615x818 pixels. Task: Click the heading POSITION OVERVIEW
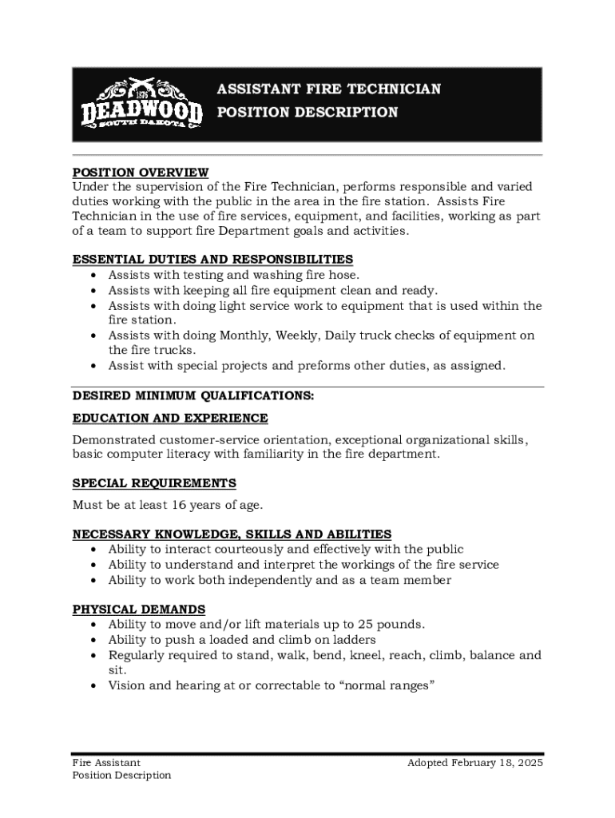coord(141,173)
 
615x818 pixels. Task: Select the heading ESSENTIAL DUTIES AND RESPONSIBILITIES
coord(212,260)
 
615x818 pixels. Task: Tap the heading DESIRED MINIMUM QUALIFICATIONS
coord(193,395)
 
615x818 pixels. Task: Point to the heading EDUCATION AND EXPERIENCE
coord(170,419)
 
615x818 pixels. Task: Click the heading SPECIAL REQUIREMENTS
coord(154,483)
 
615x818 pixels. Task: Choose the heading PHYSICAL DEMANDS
coord(139,610)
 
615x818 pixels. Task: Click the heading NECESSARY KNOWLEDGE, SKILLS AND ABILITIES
coord(232,534)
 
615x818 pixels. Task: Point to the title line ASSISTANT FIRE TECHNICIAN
coord(328,89)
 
